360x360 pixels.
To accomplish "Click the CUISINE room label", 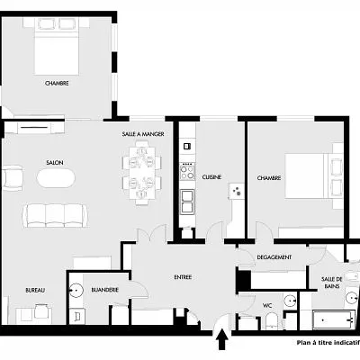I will coord(212,176).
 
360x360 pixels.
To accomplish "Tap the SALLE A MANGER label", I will coord(141,133).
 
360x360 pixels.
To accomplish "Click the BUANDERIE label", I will coord(106,289).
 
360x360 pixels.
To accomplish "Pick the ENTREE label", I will coord(183,276).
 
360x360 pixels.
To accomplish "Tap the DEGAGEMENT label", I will coord(274,257).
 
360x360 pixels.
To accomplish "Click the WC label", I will coord(267,305).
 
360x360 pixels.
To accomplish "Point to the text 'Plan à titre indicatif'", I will coord(328,343).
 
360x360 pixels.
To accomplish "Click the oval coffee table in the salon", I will coord(57,177).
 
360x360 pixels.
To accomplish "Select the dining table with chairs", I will coord(143,173).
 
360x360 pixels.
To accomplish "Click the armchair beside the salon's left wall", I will coord(12,177).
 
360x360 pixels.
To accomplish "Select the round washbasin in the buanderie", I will coord(78,289).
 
